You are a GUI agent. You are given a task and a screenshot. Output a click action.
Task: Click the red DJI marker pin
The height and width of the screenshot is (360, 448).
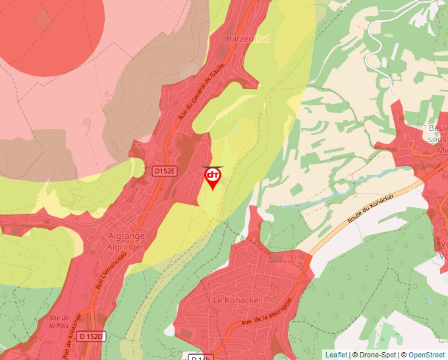click(212, 177)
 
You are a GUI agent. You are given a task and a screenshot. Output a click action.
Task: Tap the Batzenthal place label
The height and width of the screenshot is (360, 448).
click(248, 39)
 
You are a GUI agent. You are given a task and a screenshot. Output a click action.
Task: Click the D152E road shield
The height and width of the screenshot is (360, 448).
click(165, 171)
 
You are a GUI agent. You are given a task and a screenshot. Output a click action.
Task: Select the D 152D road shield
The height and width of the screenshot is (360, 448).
click(91, 336)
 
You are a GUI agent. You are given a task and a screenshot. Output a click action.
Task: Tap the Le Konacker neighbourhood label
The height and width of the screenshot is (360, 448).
click(237, 300)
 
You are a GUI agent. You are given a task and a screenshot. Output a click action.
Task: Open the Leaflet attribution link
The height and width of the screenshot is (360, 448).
click(336, 355)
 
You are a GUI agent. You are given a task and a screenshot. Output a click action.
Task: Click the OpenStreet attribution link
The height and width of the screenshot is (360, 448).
click(426, 355)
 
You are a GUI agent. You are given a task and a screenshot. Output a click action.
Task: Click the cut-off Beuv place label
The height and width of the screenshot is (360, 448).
click(437, 128)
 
